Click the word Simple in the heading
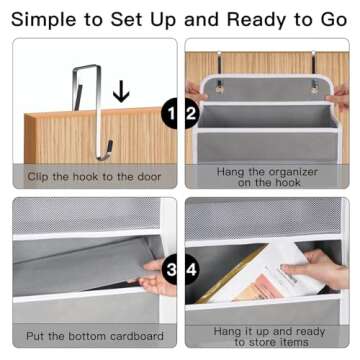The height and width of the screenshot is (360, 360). (45, 20)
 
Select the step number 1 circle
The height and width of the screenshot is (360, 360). (170, 113)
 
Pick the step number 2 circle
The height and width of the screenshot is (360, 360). (192, 113)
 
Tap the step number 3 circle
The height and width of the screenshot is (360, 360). (170, 269)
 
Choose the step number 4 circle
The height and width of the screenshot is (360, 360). (192, 269)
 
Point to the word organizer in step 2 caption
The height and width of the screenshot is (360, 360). (293, 172)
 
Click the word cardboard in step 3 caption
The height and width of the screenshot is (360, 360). (137, 335)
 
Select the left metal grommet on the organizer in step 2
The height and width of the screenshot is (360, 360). (219, 89)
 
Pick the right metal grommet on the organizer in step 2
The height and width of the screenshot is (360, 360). (313, 89)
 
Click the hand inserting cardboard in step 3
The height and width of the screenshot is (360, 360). (157, 278)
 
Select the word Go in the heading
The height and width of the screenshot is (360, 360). (334, 20)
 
